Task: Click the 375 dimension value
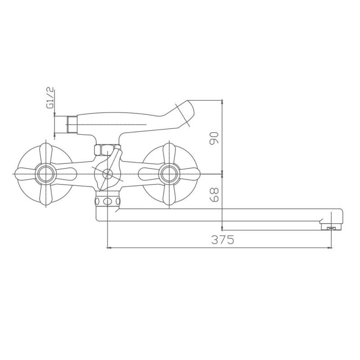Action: (x=222, y=240)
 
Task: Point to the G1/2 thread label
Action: (x=50, y=98)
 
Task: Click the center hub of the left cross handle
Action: (x=45, y=173)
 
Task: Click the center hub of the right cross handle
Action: (x=169, y=173)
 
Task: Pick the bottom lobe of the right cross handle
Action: (x=169, y=194)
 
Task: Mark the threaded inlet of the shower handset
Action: (x=72, y=125)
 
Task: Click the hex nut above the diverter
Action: (x=105, y=149)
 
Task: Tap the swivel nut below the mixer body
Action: (x=107, y=201)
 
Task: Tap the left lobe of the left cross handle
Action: (x=24, y=173)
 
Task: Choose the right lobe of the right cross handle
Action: (x=189, y=173)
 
